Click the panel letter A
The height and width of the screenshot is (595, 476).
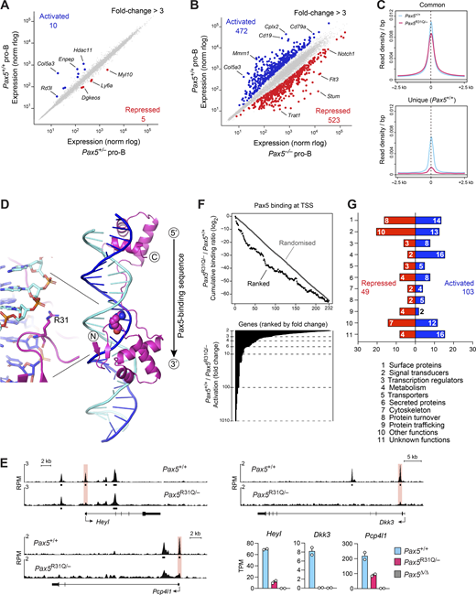click(x=6, y=7)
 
